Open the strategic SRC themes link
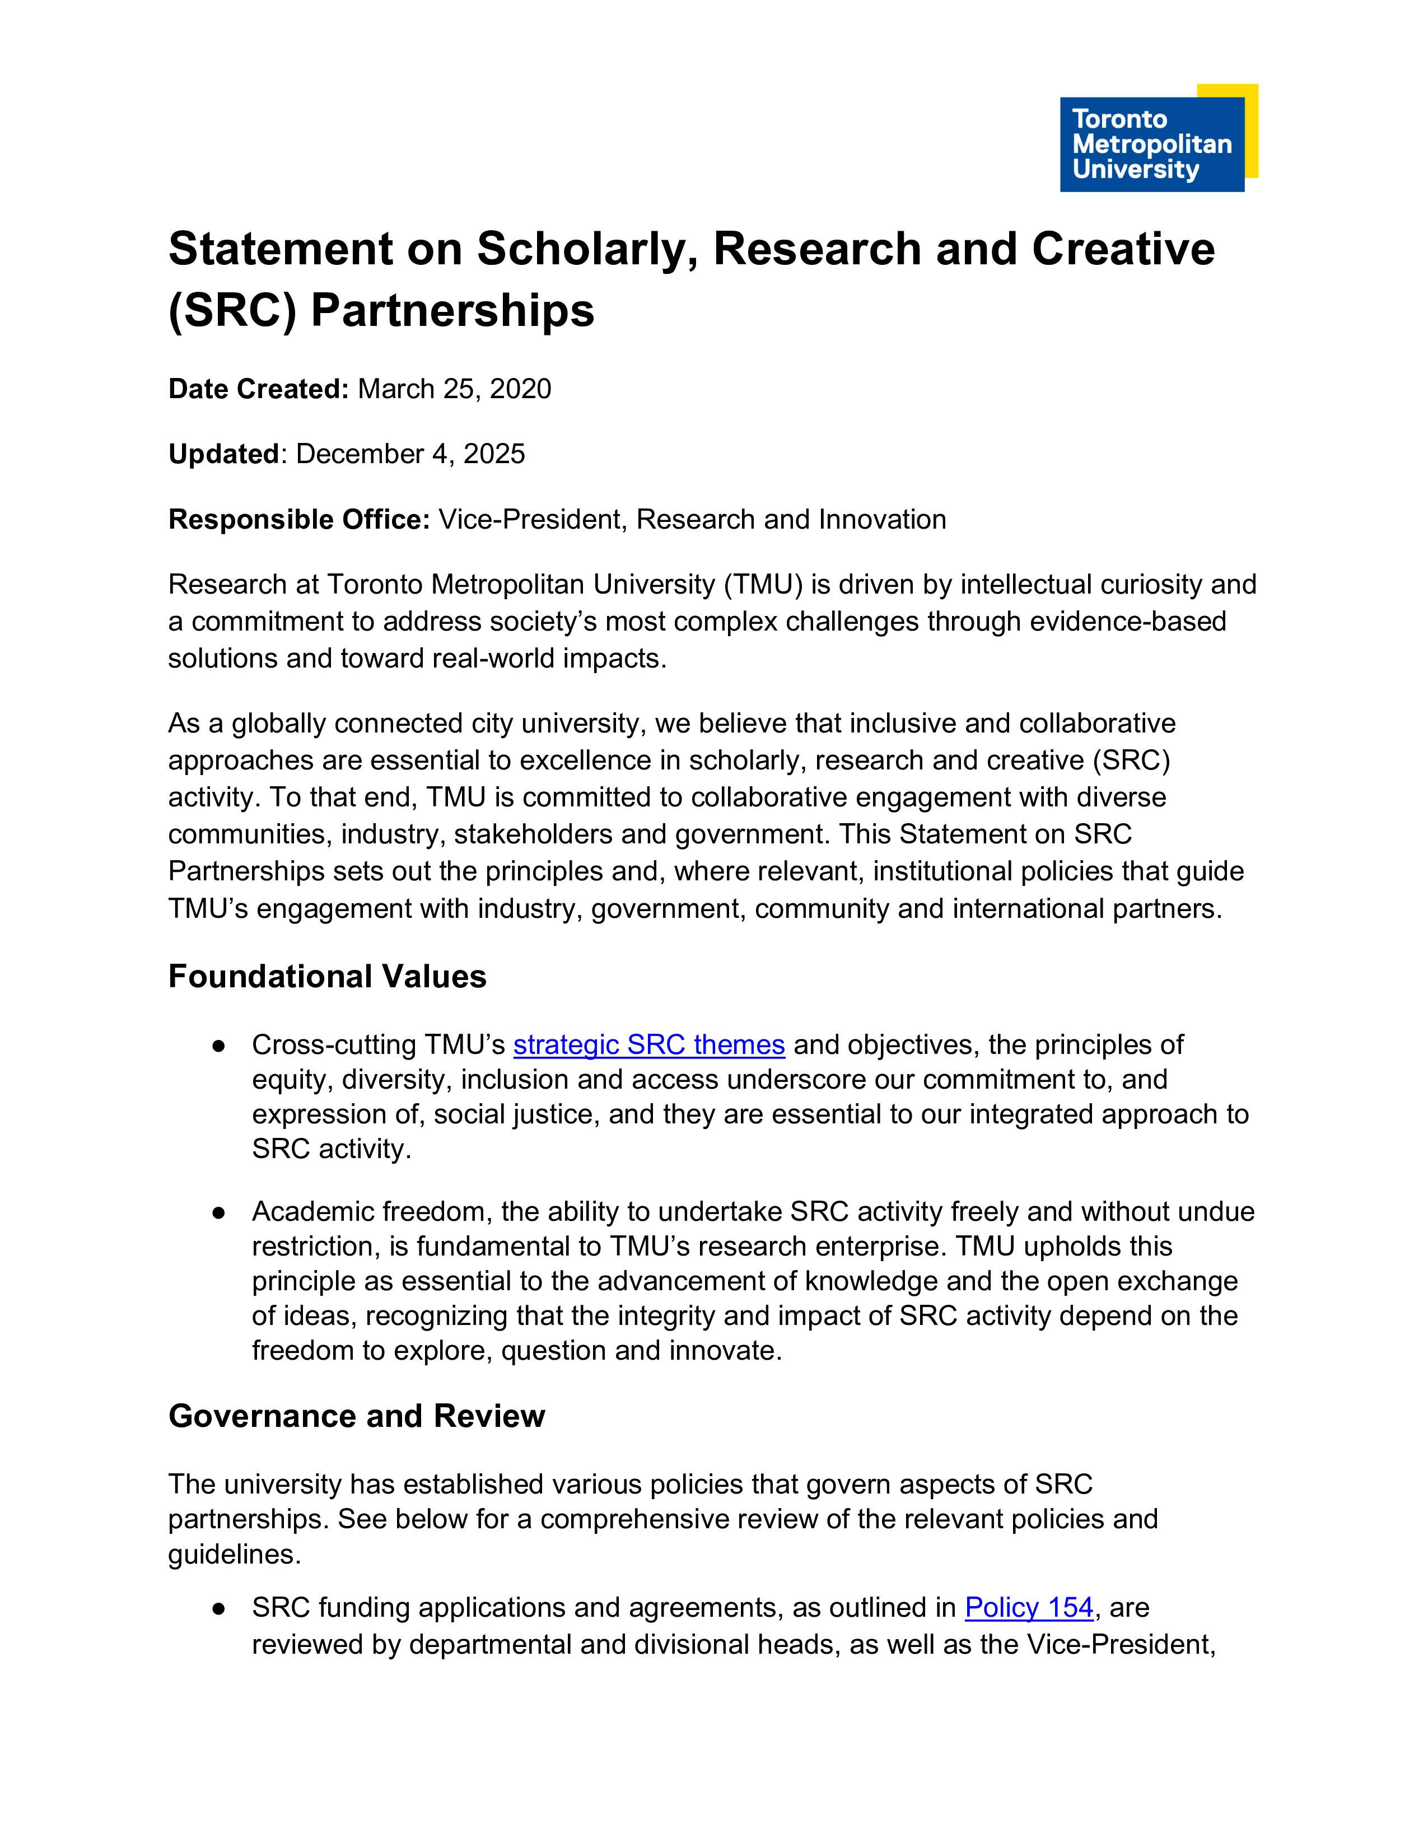649,1045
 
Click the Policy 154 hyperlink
1029,1607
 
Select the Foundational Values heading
328,977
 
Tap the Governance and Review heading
356,1416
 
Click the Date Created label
258,389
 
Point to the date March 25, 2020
454,389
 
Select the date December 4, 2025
410,454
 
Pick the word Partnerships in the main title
452,311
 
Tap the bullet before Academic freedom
219,1212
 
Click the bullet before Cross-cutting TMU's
219,1046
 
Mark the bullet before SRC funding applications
219,1608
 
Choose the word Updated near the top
224,454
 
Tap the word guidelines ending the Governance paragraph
231,1555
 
